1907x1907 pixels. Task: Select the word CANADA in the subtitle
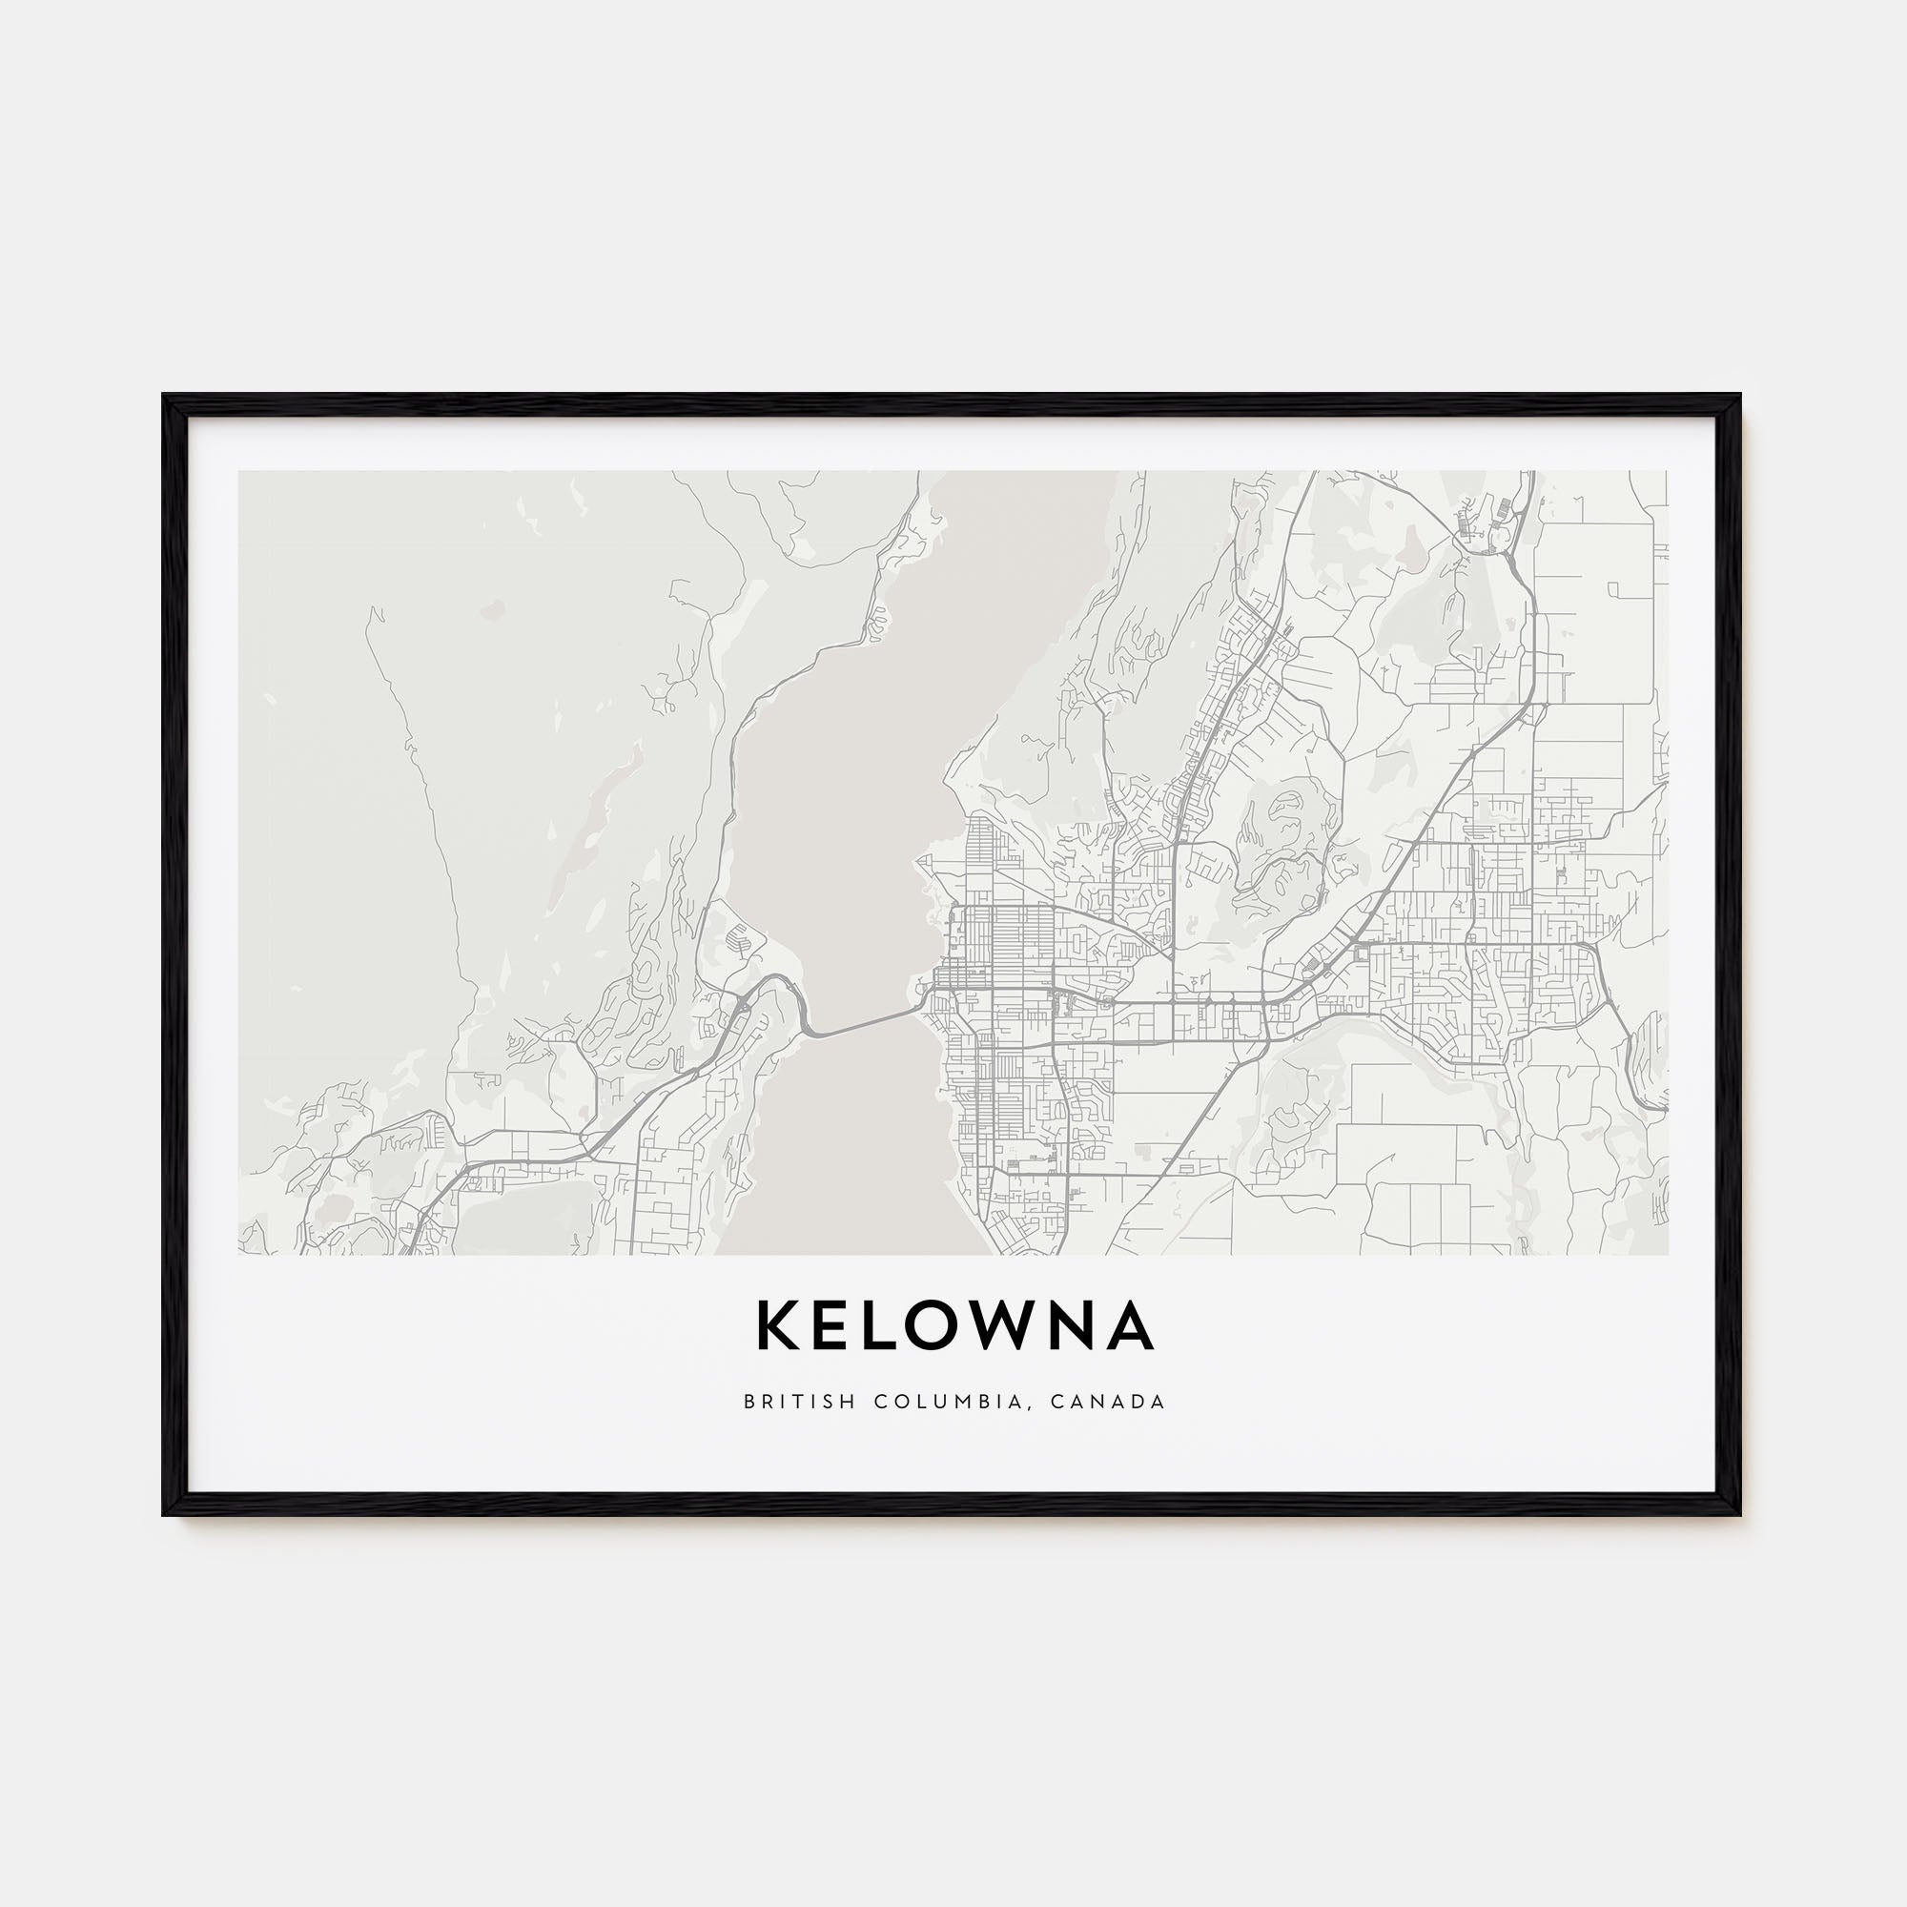(x=1107, y=1402)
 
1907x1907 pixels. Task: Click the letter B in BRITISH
(x=750, y=1402)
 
